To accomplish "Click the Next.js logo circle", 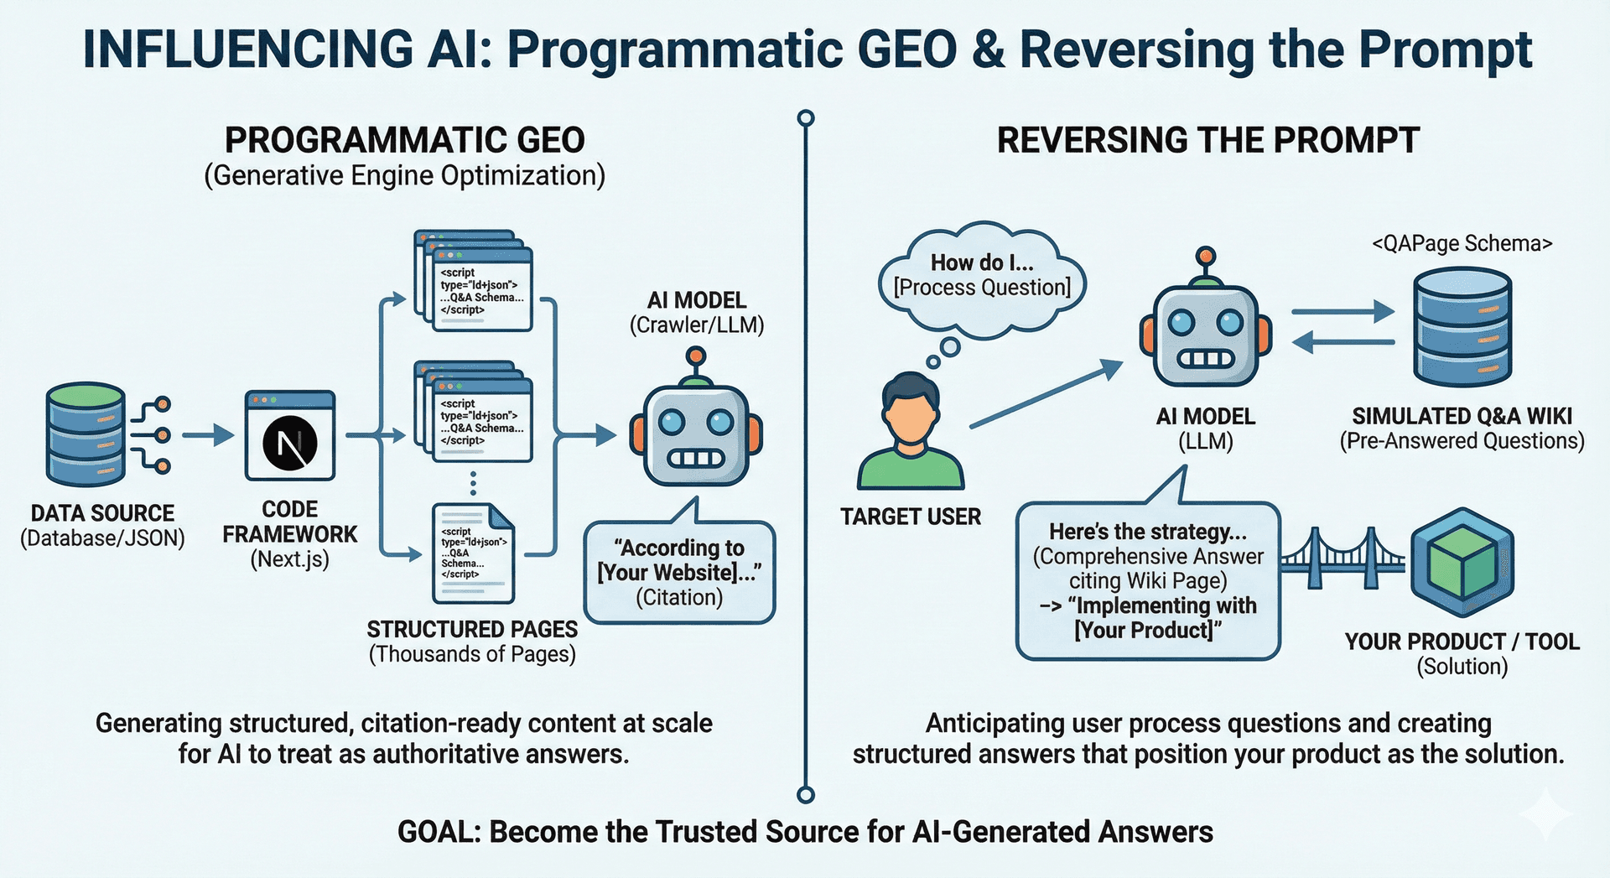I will pyautogui.click(x=289, y=443).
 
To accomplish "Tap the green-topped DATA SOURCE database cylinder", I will pyautogui.click(x=86, y=434).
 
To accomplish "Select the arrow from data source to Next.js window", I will pyautogui.click(x=208, y=435).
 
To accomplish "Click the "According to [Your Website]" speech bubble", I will pyautogui.click(x=679, y=573).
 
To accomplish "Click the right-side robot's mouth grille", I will pyautogui.click(x=1206, y=359).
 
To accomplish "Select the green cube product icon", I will pyautogui.click(x=1462, y=563).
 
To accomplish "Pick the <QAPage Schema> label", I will pyautogui.click(x=1462, y=244).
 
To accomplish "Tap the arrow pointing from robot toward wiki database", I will pyautogui.click(x=1343, y=313).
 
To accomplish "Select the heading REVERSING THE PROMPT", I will pyautogui.click(x=1207, y=140).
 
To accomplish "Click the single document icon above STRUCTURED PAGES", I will pyautogui.click(x=473, y=553).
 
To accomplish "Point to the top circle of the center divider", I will pyautogui.click(x=806, y=117).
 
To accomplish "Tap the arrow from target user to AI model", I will pyautogui.click(x=1046, y=394).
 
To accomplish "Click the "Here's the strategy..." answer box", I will pyautogui.click(x=1147, y=580).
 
